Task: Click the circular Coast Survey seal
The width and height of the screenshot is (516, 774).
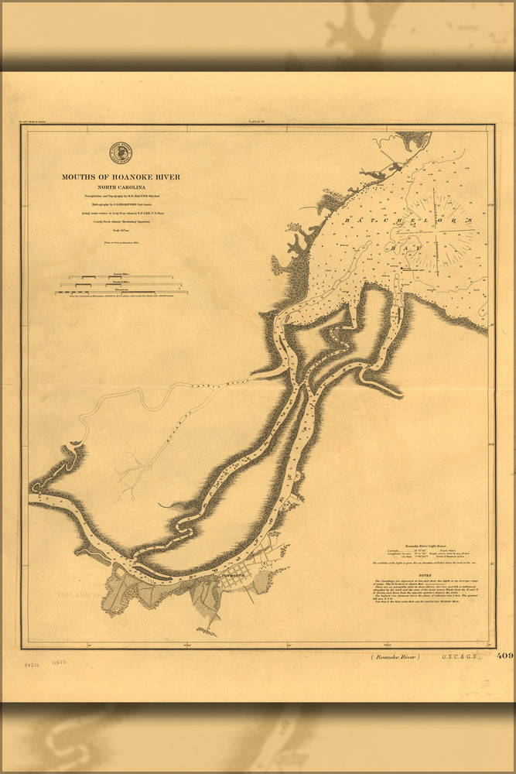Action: pyautogui.click(x=121, y=152)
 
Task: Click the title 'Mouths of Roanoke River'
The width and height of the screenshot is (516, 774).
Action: pyautogui.click(x=121, y=177)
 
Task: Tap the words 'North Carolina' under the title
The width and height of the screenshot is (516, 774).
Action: pyautogui.click(x=121, y=187)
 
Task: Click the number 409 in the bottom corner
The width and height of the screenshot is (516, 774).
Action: pyautogui.click(x=504, y=656)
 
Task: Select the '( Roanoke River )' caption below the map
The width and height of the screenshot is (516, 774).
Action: pyautogui.click(x=395, y=656)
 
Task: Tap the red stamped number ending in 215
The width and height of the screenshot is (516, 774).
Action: pyautogui.click(x=32, y=664)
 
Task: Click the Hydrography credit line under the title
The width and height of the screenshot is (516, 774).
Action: pyautogui.click(x=121, y=204)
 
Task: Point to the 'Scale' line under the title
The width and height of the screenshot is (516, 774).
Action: pyautogui.click(x=121, y=230)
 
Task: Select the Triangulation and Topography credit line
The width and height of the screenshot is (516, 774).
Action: pyautogui.click(x=121, y=197)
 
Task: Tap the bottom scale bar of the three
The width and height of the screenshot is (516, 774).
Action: pyautogui.click(x=121, y=293)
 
